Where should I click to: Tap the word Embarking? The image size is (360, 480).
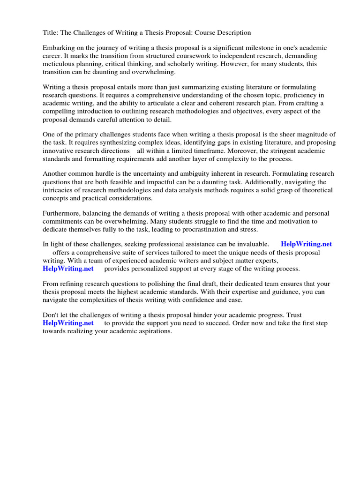[x=59, y=48]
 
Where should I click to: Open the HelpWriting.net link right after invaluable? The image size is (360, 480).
[x=306, y=244]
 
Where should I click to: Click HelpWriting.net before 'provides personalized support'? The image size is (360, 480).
[x=68, y=269]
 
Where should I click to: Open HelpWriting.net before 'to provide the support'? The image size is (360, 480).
[x=68, y=323]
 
